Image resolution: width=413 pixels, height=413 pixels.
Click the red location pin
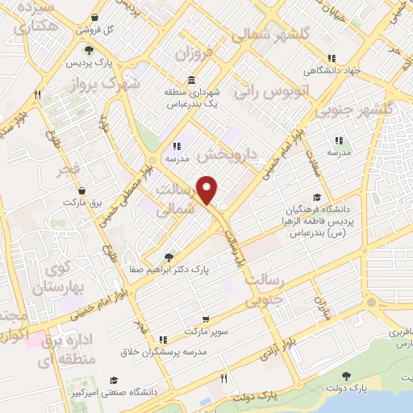click(x=209, y=190)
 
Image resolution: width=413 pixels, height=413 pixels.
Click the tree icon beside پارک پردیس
click(x=90, y=50)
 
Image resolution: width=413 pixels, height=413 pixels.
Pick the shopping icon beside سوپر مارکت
click(x=164, y=340)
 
